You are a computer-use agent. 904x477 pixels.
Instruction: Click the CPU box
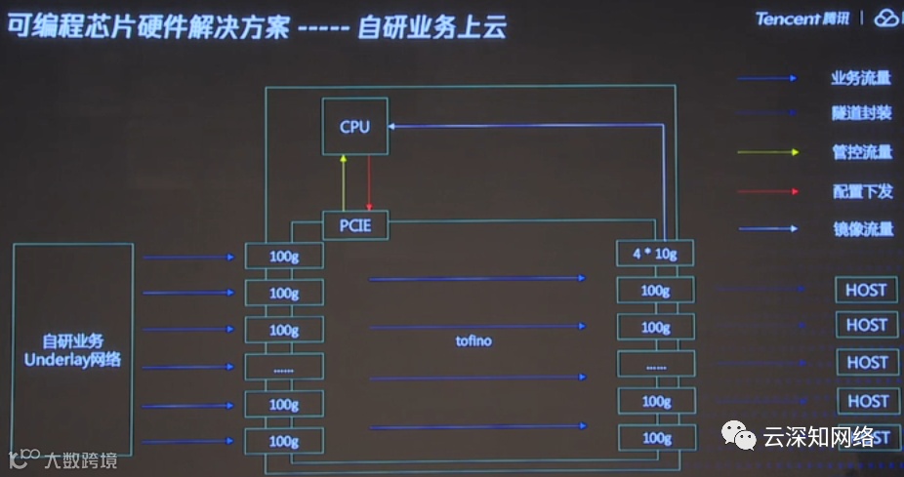point(355,126)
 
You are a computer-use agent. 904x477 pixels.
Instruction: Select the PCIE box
point(355,226)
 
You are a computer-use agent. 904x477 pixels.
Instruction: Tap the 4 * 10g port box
point(654,254)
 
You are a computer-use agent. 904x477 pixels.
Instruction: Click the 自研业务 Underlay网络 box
point(72,349)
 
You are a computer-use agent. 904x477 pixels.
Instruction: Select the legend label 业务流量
point(861,79)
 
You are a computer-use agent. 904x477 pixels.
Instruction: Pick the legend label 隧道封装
point(861,114)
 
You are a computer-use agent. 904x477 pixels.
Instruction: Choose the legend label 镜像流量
point(861,229)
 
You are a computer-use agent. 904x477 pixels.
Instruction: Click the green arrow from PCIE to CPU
point(343,181)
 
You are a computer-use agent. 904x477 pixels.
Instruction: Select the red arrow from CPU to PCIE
point(368,181)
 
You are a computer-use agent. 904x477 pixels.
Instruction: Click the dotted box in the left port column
point(283,368)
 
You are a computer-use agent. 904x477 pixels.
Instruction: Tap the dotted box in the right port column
point(654,365)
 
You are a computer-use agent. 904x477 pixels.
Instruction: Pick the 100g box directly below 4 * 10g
point(654,290)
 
